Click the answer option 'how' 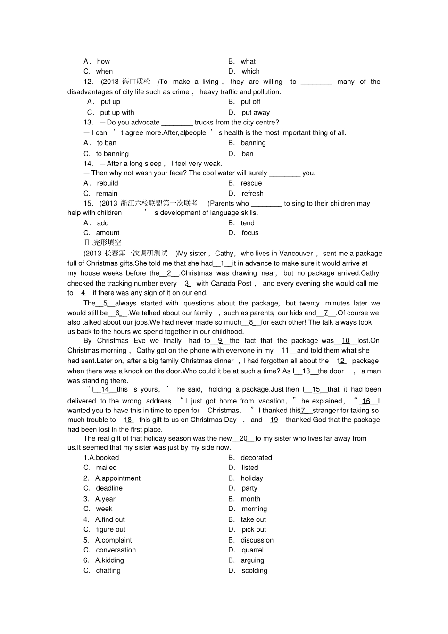point(103,61)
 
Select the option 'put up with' point(117,112)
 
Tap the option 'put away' point(256,112)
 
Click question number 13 point(88,122)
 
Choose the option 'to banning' point(112,154)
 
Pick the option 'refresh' point(252,193)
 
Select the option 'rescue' point(251,183)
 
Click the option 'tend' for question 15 point(248,223)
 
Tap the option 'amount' point(108,233)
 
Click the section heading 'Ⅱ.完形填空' point(102,242)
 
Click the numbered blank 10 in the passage point(346,340)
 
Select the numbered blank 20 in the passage point(243,438)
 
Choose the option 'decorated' point(256,458)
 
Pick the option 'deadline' point(109,488)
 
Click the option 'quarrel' point(252,550)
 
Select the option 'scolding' point(254,570)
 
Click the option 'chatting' point(108,570)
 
